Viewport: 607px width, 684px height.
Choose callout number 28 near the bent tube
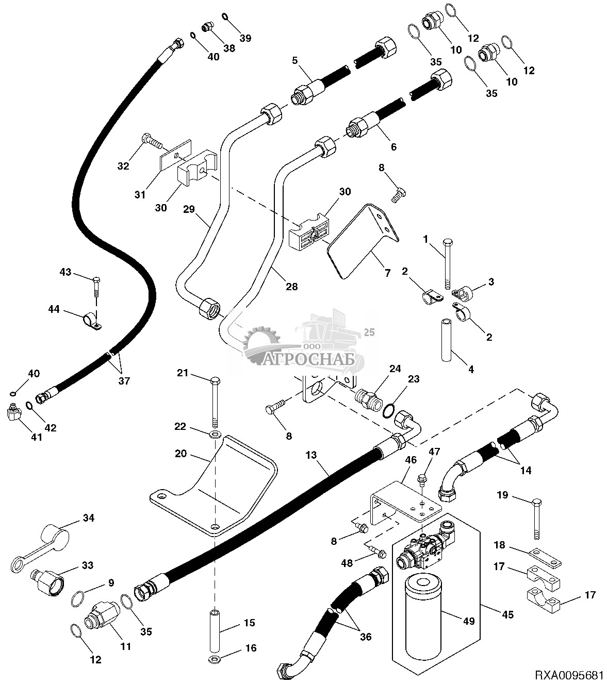coord(292,286)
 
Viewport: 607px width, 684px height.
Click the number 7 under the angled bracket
coord(387,273)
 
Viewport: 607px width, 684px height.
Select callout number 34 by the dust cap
coord(89,518)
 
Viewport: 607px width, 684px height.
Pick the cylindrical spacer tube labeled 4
coord(447,340)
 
